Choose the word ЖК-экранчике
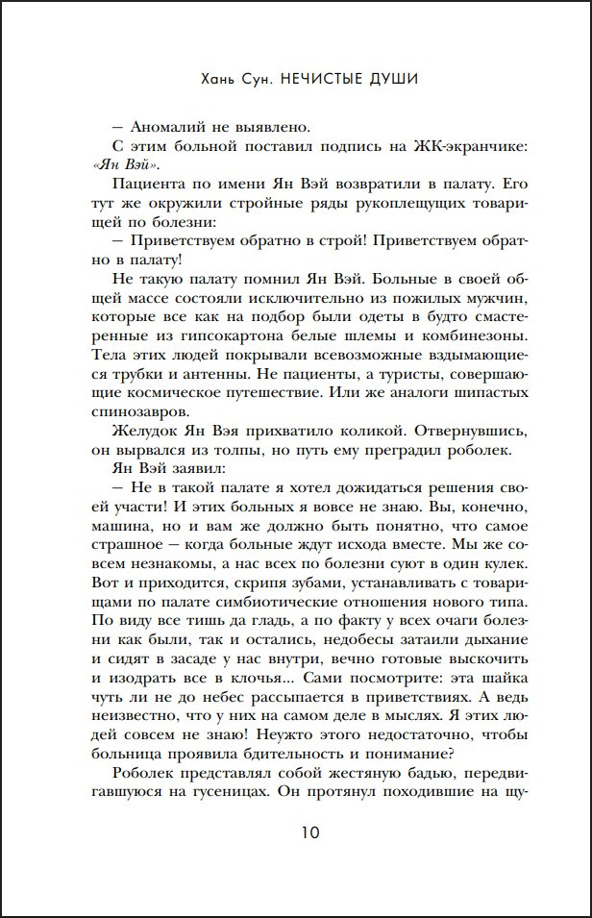470,145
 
